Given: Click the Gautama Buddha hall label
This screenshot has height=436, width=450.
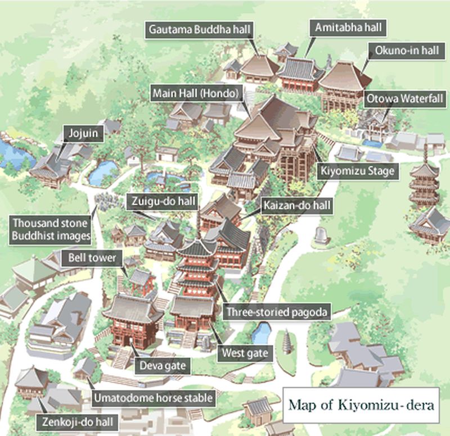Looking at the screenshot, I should tap(200, 29).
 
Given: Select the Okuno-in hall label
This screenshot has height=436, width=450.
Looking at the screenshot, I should tap(403, 51).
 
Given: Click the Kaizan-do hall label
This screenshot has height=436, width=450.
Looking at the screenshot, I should tap(296, 206).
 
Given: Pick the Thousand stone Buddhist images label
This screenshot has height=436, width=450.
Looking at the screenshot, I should tap(51, 229).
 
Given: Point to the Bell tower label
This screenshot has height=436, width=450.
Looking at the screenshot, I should tap(92, 258).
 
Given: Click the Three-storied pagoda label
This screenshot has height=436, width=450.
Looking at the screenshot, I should tap(278, 311).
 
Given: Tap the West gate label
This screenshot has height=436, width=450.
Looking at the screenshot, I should tap(245, 353).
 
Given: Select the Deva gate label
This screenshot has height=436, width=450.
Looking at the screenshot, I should tap(163, 366).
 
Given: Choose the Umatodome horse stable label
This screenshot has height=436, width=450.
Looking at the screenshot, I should tap(154, 398).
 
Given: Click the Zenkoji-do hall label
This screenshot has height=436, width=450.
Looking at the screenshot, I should tap(77, 421).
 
